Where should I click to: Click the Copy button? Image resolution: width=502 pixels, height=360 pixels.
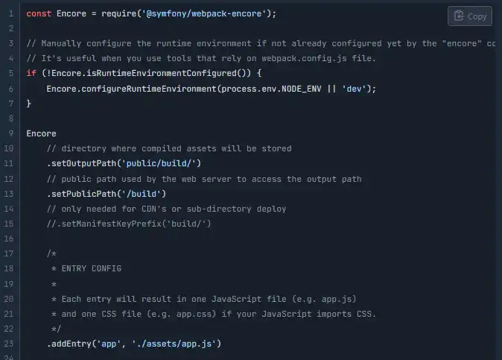(x=470, y=16)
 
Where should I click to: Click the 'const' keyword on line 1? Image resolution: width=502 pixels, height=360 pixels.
(x=39, y=13)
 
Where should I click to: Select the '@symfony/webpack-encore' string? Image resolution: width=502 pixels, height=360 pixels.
(x=204, y=13)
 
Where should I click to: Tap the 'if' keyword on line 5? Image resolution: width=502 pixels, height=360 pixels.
(x=31, y=73)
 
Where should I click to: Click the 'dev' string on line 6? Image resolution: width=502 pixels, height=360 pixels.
(x=354, y=89)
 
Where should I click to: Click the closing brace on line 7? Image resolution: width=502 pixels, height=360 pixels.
(x=29, y=104)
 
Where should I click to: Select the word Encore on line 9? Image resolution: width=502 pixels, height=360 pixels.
(x=41, y=133)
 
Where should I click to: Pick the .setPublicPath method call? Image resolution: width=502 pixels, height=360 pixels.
(x=81, y=194)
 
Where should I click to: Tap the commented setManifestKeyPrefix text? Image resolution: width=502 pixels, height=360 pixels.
(x=129, y=224)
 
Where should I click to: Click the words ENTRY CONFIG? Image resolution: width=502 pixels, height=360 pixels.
(x=92, y=268)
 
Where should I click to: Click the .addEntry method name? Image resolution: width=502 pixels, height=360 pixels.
(x=69, y=344)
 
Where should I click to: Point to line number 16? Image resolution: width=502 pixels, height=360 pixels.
(x=9, y=239)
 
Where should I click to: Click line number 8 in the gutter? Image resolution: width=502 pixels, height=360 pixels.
(x=11, y=119)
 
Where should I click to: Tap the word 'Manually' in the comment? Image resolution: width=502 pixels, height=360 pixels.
(x=61, y=43)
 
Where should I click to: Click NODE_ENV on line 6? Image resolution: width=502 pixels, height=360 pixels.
(x=301, y=89)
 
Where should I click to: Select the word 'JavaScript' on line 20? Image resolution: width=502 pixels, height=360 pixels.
(x=236, y=299)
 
